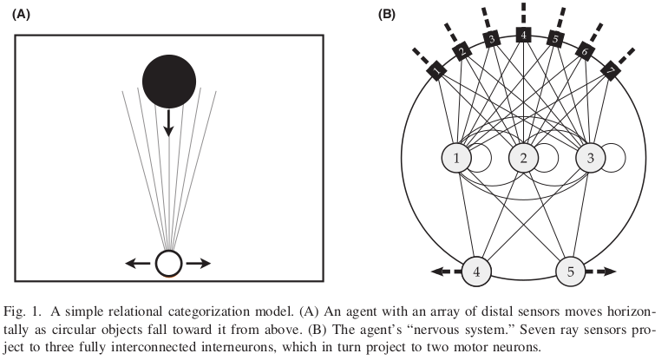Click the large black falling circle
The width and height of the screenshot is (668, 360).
click(x=169, y=81)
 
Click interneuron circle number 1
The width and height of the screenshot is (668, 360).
click(x=456, y=158)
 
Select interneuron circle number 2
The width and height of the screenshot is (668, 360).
click(x=523, y=158)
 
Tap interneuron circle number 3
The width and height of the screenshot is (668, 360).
click(x=590, y=158)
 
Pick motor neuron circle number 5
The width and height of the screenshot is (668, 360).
click(x=571, y=271)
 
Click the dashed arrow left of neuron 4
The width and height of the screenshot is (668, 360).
click(x=443, y=271)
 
